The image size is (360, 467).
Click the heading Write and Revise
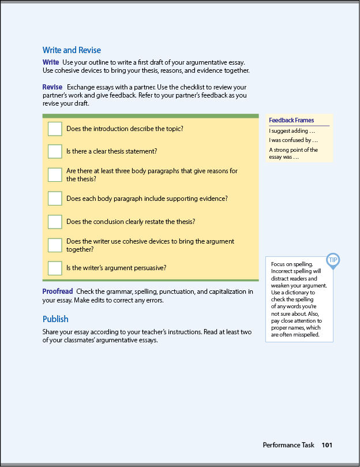click(x=72, y=50)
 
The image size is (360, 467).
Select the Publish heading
click(x=55, y=319)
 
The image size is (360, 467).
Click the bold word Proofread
click(x=58, y=292)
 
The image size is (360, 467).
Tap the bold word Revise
click(x=52, y=87)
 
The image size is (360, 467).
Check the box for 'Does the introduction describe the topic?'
click(x=55, y=129)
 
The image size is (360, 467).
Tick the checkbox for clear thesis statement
click(x=55, y=151)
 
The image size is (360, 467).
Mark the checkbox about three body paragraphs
click(x=55, y=175)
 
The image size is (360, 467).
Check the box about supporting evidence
click(x=55, y=199)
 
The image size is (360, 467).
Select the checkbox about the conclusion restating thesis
click(x=55, y=222)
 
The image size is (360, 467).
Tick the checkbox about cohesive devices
click(x=55, y=245)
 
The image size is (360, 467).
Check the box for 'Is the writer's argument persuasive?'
click(x=55, y=268)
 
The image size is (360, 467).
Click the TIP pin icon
click(x=333, y=260)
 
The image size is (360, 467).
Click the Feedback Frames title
click(x=291, y=120)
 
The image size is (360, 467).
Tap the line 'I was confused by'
click(x=293, y=140)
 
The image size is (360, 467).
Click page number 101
click(x=327, y=445)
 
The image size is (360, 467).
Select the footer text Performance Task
click(x=288, y=445)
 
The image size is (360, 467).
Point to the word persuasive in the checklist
click(x=152, y=268)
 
